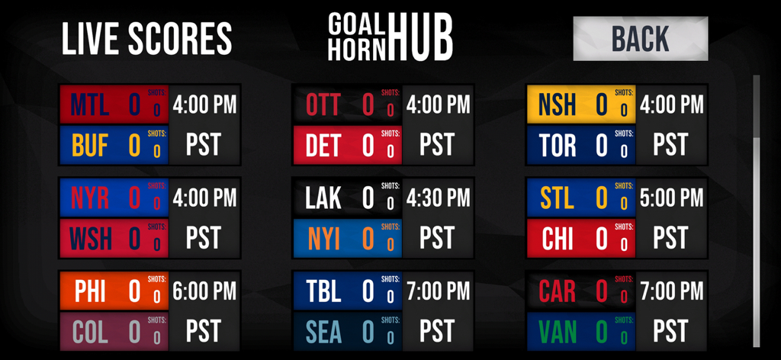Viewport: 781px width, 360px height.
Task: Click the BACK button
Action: point(640,38)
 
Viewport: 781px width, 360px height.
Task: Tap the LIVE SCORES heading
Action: point(146,38)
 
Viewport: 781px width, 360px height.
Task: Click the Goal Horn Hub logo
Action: point(390,37)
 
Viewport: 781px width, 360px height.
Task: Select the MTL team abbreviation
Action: point(89,104)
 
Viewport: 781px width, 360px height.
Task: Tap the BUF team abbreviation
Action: point(90,144)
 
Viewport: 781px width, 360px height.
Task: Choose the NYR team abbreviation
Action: point(89,198)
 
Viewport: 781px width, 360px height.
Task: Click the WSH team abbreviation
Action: point(91,238)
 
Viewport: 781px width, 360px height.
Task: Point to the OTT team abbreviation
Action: point(323,104)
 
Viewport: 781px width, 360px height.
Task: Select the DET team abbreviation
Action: point(323,145)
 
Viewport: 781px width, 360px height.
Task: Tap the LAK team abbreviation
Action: point(323,198)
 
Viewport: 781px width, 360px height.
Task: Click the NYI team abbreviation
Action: point(324,238)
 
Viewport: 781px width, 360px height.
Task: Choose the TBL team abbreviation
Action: point(323,291)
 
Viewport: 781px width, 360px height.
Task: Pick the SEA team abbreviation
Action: point(323,331)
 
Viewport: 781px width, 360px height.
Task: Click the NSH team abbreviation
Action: point(558,104)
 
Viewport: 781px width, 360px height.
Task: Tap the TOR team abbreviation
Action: point(558,145)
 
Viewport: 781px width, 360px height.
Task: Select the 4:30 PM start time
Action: point(438,198)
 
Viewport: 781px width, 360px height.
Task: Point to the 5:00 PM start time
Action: point(671,198)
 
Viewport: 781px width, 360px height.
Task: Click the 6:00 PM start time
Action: point(204,291)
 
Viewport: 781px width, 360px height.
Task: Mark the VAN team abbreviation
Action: point(558,331)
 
